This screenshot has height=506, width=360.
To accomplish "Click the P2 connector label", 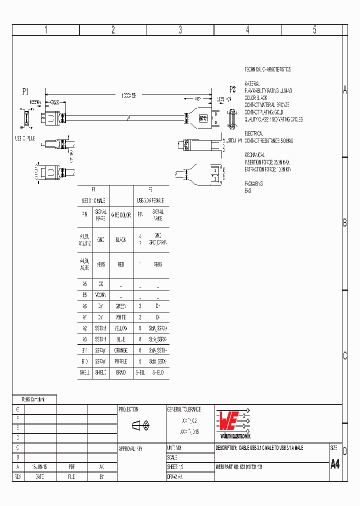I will [232, 89].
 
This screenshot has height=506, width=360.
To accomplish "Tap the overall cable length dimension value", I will [128, 95].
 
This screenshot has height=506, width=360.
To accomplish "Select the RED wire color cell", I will [121, 264].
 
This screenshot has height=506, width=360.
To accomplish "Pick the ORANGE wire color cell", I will [121, 350].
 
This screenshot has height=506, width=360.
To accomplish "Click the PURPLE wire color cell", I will [121, 361].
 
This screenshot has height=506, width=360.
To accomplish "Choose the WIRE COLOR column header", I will [121, 215].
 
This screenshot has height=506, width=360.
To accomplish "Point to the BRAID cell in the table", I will [121, 372].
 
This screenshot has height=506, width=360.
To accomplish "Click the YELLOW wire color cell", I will [121, 328].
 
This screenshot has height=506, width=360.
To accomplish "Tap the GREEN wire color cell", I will [121, 306].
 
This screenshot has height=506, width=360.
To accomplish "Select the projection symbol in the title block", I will [140, 425].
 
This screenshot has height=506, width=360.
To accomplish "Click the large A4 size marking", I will [335, 464].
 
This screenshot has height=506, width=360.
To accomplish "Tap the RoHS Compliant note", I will [33, 399].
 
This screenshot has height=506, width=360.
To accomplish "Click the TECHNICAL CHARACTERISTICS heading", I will [267, 69].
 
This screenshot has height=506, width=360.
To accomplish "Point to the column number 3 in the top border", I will [180, 30].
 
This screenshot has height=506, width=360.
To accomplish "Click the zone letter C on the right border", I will [344, 356].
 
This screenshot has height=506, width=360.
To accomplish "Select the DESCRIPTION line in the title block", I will [259, 448].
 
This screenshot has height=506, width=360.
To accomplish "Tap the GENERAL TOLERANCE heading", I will [184, 409].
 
